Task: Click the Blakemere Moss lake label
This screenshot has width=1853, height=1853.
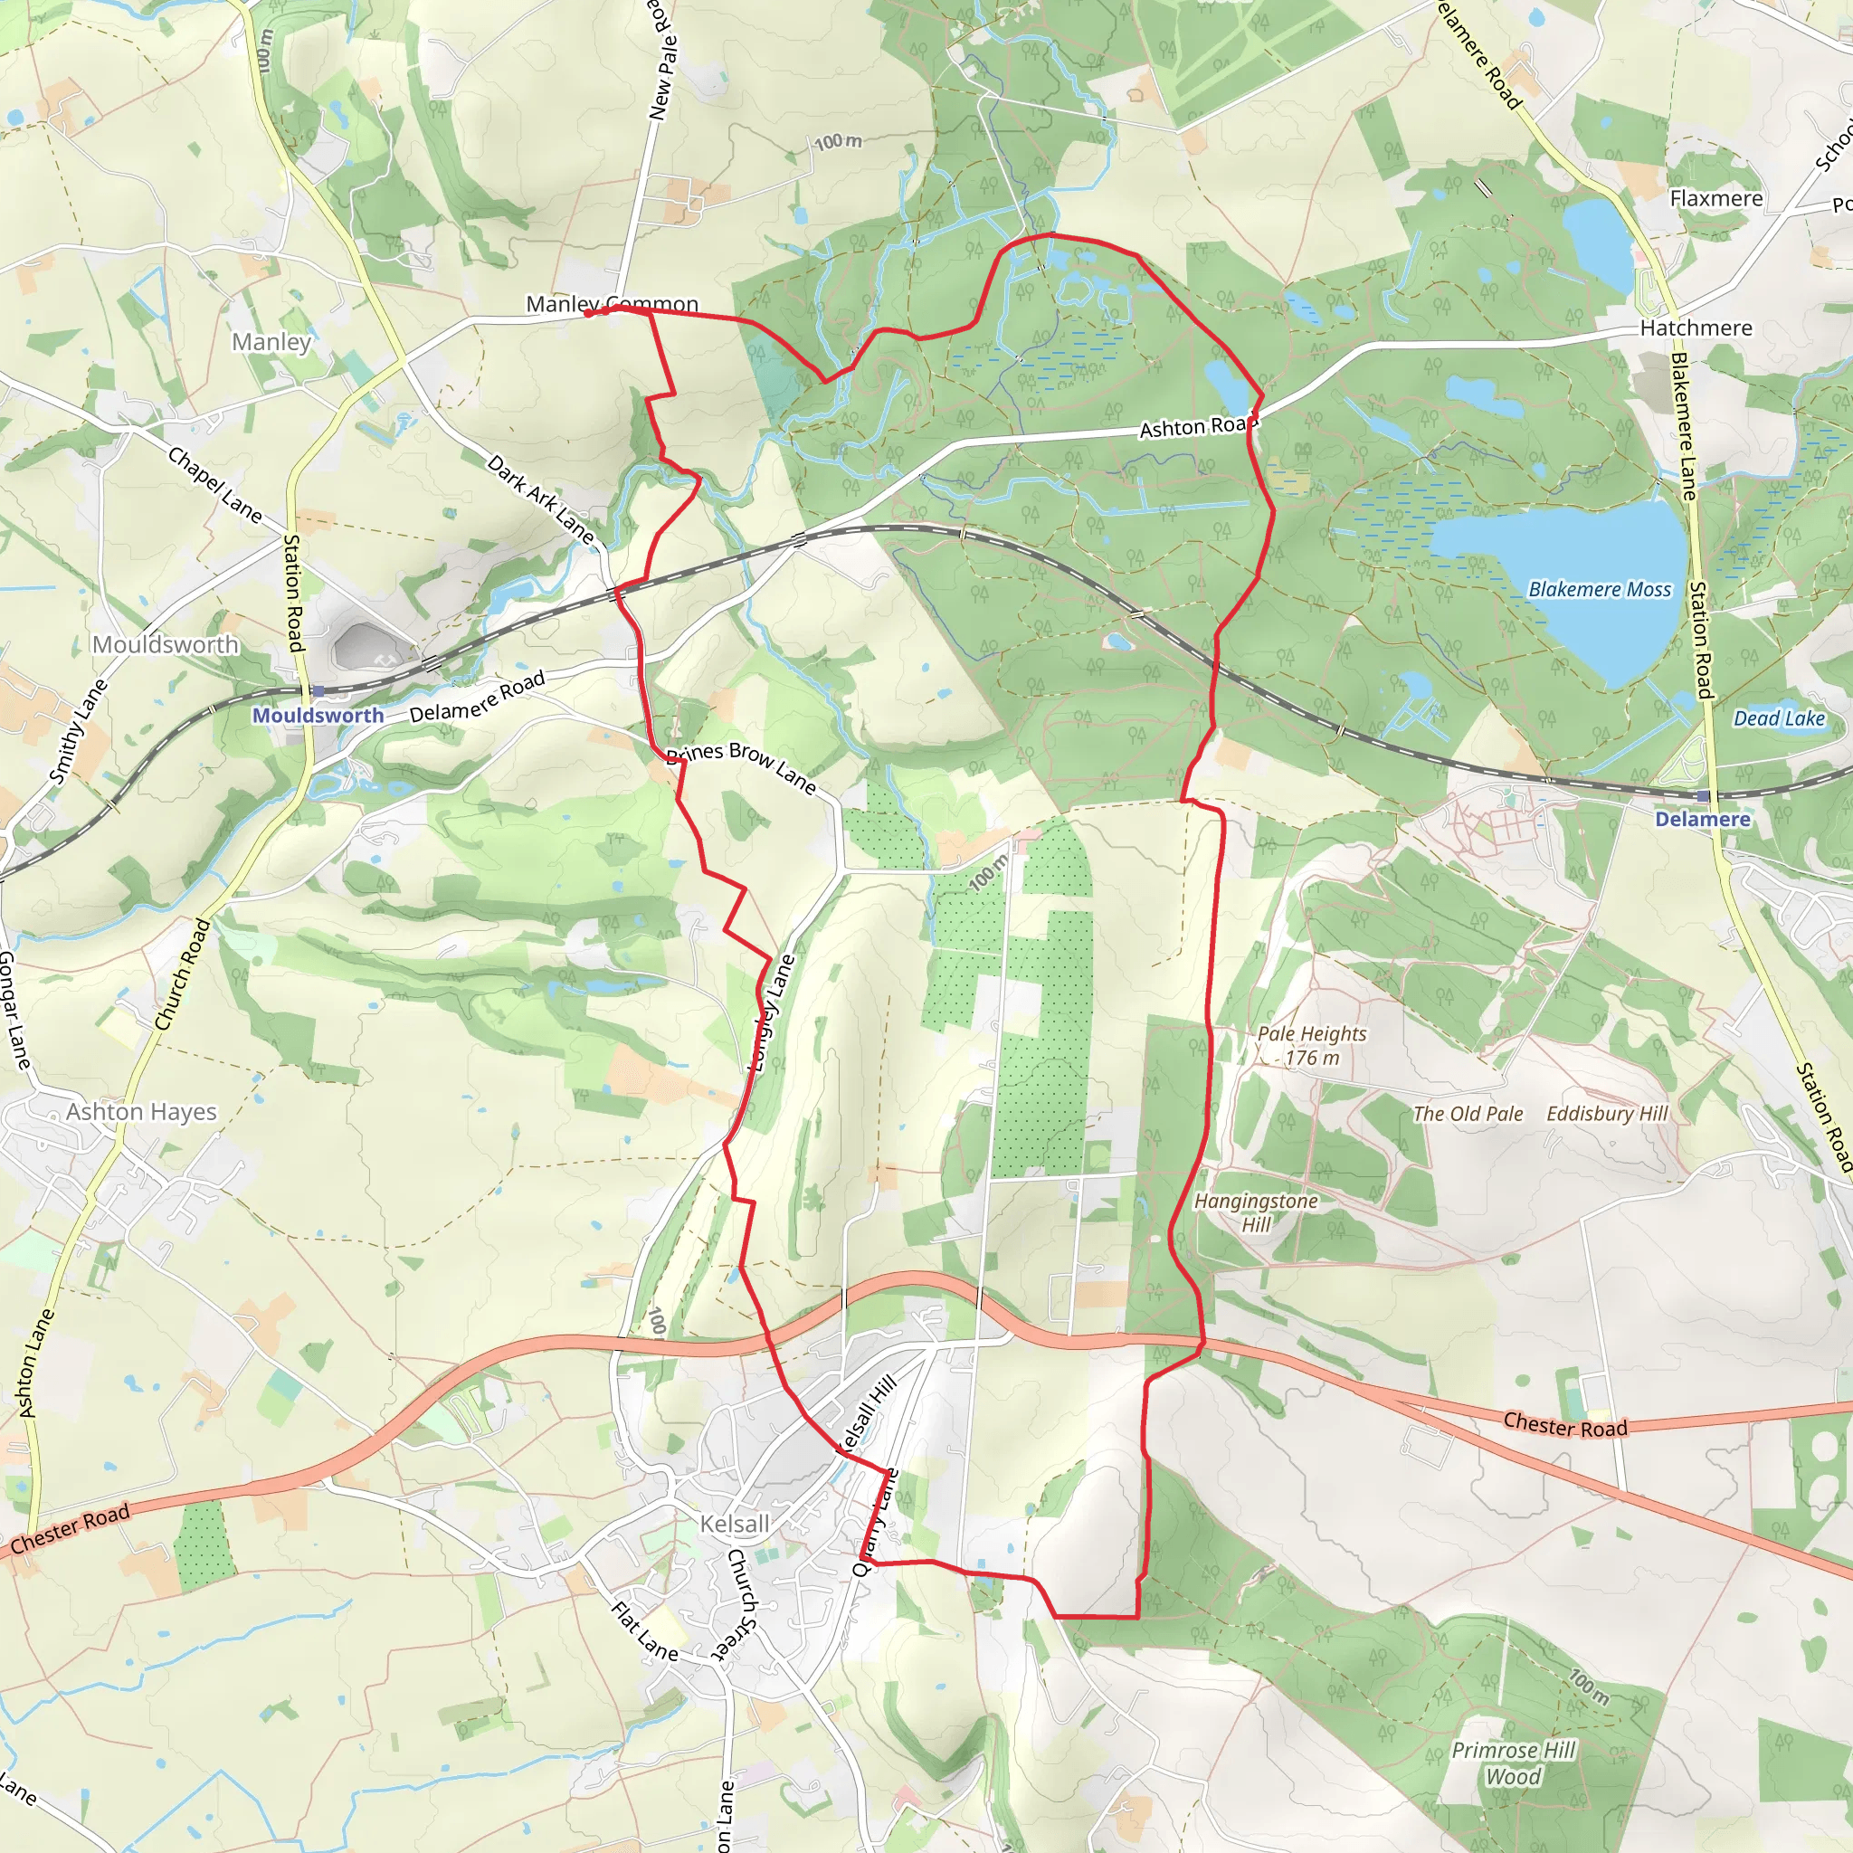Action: pyautogui.click(x=1599, y=590)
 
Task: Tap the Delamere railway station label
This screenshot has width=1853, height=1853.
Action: pyautogui.click(x=1703, y=819)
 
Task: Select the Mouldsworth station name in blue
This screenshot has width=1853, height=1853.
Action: pyautogui.click(x=318, y=716)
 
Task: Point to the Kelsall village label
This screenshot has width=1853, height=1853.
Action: pyautogui.click(x=735, y=1524)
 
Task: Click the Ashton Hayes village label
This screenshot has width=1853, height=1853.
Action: pyautogui.click(x=141, y=1112)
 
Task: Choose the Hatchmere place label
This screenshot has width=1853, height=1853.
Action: pyautogui.click(x=1696, y=328)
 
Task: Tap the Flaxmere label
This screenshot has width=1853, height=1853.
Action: pyautogui.click(x=1715, y=198)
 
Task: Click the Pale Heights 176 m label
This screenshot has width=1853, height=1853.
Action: pyautogui.click(x=1311, y=1045)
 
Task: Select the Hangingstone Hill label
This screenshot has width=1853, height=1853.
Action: pyautogui.click(x=1256, y=1212)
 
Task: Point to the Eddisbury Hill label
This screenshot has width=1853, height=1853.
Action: pyautogui.click(x=1608, y=1114)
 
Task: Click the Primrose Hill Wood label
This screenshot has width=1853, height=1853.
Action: pyautogui.click(x=1514, y=1763)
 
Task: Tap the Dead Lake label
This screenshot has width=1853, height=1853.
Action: pyautogui.click(x=1779, y=718)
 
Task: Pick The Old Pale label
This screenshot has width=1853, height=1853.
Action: pyautogui.click(x=1468, y=1114)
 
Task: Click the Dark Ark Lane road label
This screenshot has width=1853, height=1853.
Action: pyautogui.click(x=540, y=499)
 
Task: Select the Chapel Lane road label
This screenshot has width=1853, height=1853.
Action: pyautogui.click(x=214, y=484)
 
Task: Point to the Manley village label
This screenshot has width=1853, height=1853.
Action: pyautogui.click(x=271, y=341)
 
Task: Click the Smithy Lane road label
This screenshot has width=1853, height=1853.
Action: pyautogui.click(x=79, y=732)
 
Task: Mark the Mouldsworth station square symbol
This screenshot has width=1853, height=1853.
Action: pyautogui.click(x=318, y=690)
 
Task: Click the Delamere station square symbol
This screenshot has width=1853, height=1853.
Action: pyautogui.click(x=1703, y=797)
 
